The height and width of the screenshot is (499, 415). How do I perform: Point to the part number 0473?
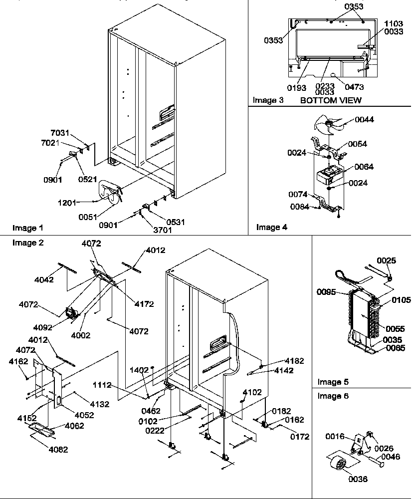coord(354,87)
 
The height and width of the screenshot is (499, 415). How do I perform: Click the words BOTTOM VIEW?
coord(331,100)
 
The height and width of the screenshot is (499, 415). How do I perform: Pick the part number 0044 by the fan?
coord(364,119)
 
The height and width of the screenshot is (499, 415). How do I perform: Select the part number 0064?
coord(364,167)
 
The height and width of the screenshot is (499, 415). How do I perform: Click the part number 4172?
coord(144,303)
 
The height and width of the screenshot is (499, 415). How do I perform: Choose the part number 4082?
coord(58,450)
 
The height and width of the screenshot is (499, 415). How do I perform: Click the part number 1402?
coord(139,370)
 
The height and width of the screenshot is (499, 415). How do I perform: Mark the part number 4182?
coord(294,360)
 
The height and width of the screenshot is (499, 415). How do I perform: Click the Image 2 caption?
coord(28,243)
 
